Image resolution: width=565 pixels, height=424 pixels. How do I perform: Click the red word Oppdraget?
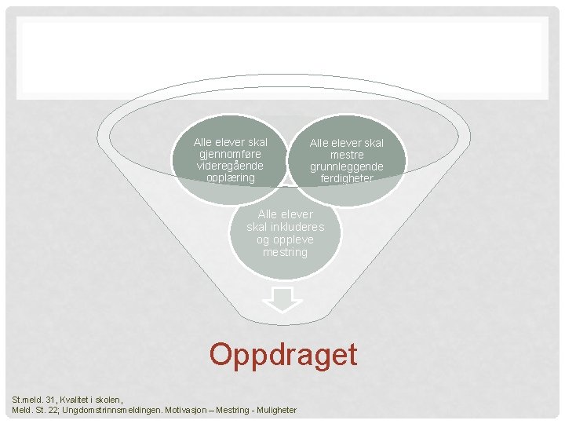click(x=282, y=355)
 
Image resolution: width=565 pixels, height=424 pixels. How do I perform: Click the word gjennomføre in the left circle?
click(x=230, y=154)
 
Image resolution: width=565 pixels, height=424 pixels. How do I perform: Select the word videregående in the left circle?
click(x=230, y=166)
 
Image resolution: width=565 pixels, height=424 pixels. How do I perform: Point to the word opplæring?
click(x=230, y=177)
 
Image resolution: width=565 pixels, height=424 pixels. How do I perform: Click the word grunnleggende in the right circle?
click(x=346, y=166)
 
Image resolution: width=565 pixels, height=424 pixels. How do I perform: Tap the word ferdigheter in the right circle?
click(x=346, y=178)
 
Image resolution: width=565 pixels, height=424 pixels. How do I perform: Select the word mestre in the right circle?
click(x=346, y=155)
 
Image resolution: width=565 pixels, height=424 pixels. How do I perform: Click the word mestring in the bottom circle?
click(x=285, y=252)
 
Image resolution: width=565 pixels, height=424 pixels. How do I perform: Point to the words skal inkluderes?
click(x=285, y=227)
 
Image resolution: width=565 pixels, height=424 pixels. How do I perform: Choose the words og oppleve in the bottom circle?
click(x=285, y=239)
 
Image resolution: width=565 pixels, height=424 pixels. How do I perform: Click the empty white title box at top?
click(x=282, y=59)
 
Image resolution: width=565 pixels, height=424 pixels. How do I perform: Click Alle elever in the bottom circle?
click(x=285, y=214)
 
